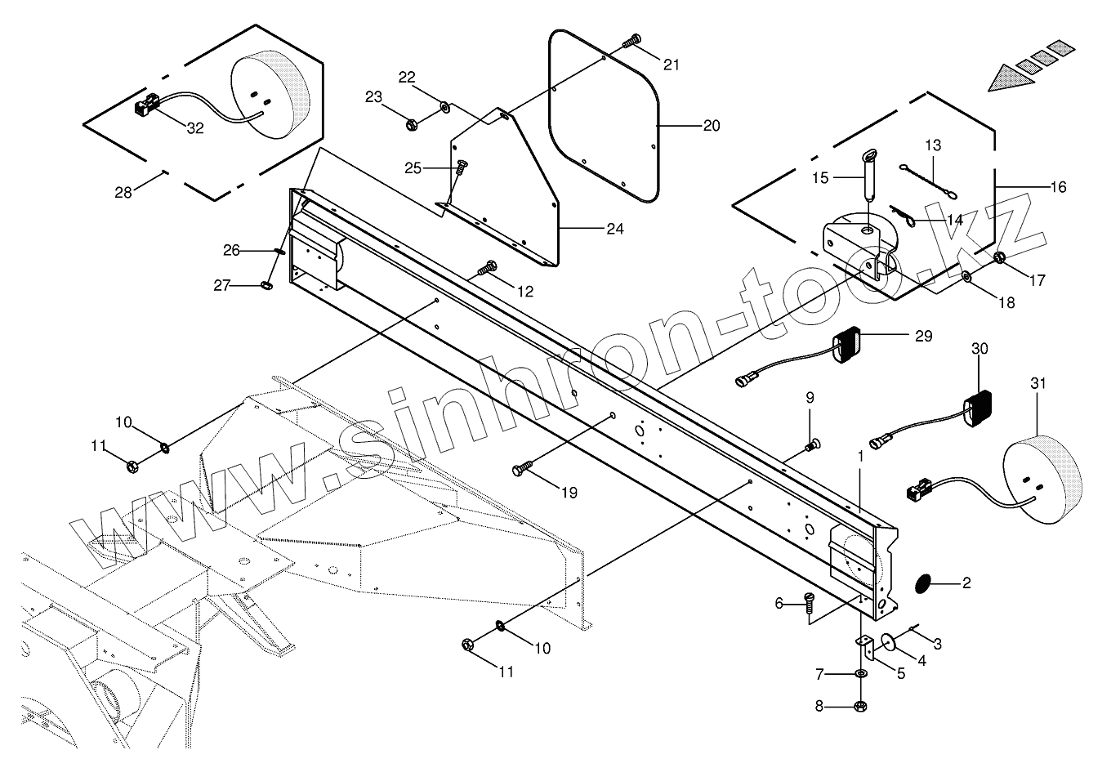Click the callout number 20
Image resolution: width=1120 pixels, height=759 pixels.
click(712, 126)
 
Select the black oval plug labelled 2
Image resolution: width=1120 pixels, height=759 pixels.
click(921, 583)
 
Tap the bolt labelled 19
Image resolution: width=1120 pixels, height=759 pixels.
click(521, 469)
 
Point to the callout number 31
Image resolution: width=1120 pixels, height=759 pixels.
click(1037, 383)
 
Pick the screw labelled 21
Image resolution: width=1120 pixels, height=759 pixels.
click(634, 38)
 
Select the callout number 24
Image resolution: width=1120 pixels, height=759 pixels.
click(615, 230)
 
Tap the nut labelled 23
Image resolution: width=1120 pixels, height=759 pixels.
click(413, 125)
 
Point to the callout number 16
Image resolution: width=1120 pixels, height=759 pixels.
click(1058, 187)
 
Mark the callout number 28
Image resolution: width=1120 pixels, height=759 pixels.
click(123, 192)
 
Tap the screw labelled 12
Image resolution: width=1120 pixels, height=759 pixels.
click(491, 266)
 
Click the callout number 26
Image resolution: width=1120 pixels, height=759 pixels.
click(232, 250)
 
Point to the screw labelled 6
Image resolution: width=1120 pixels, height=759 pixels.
click(808, 602)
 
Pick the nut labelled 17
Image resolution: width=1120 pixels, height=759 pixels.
click(1000, 259)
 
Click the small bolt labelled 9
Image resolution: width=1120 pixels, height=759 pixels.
click(811, 444)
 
